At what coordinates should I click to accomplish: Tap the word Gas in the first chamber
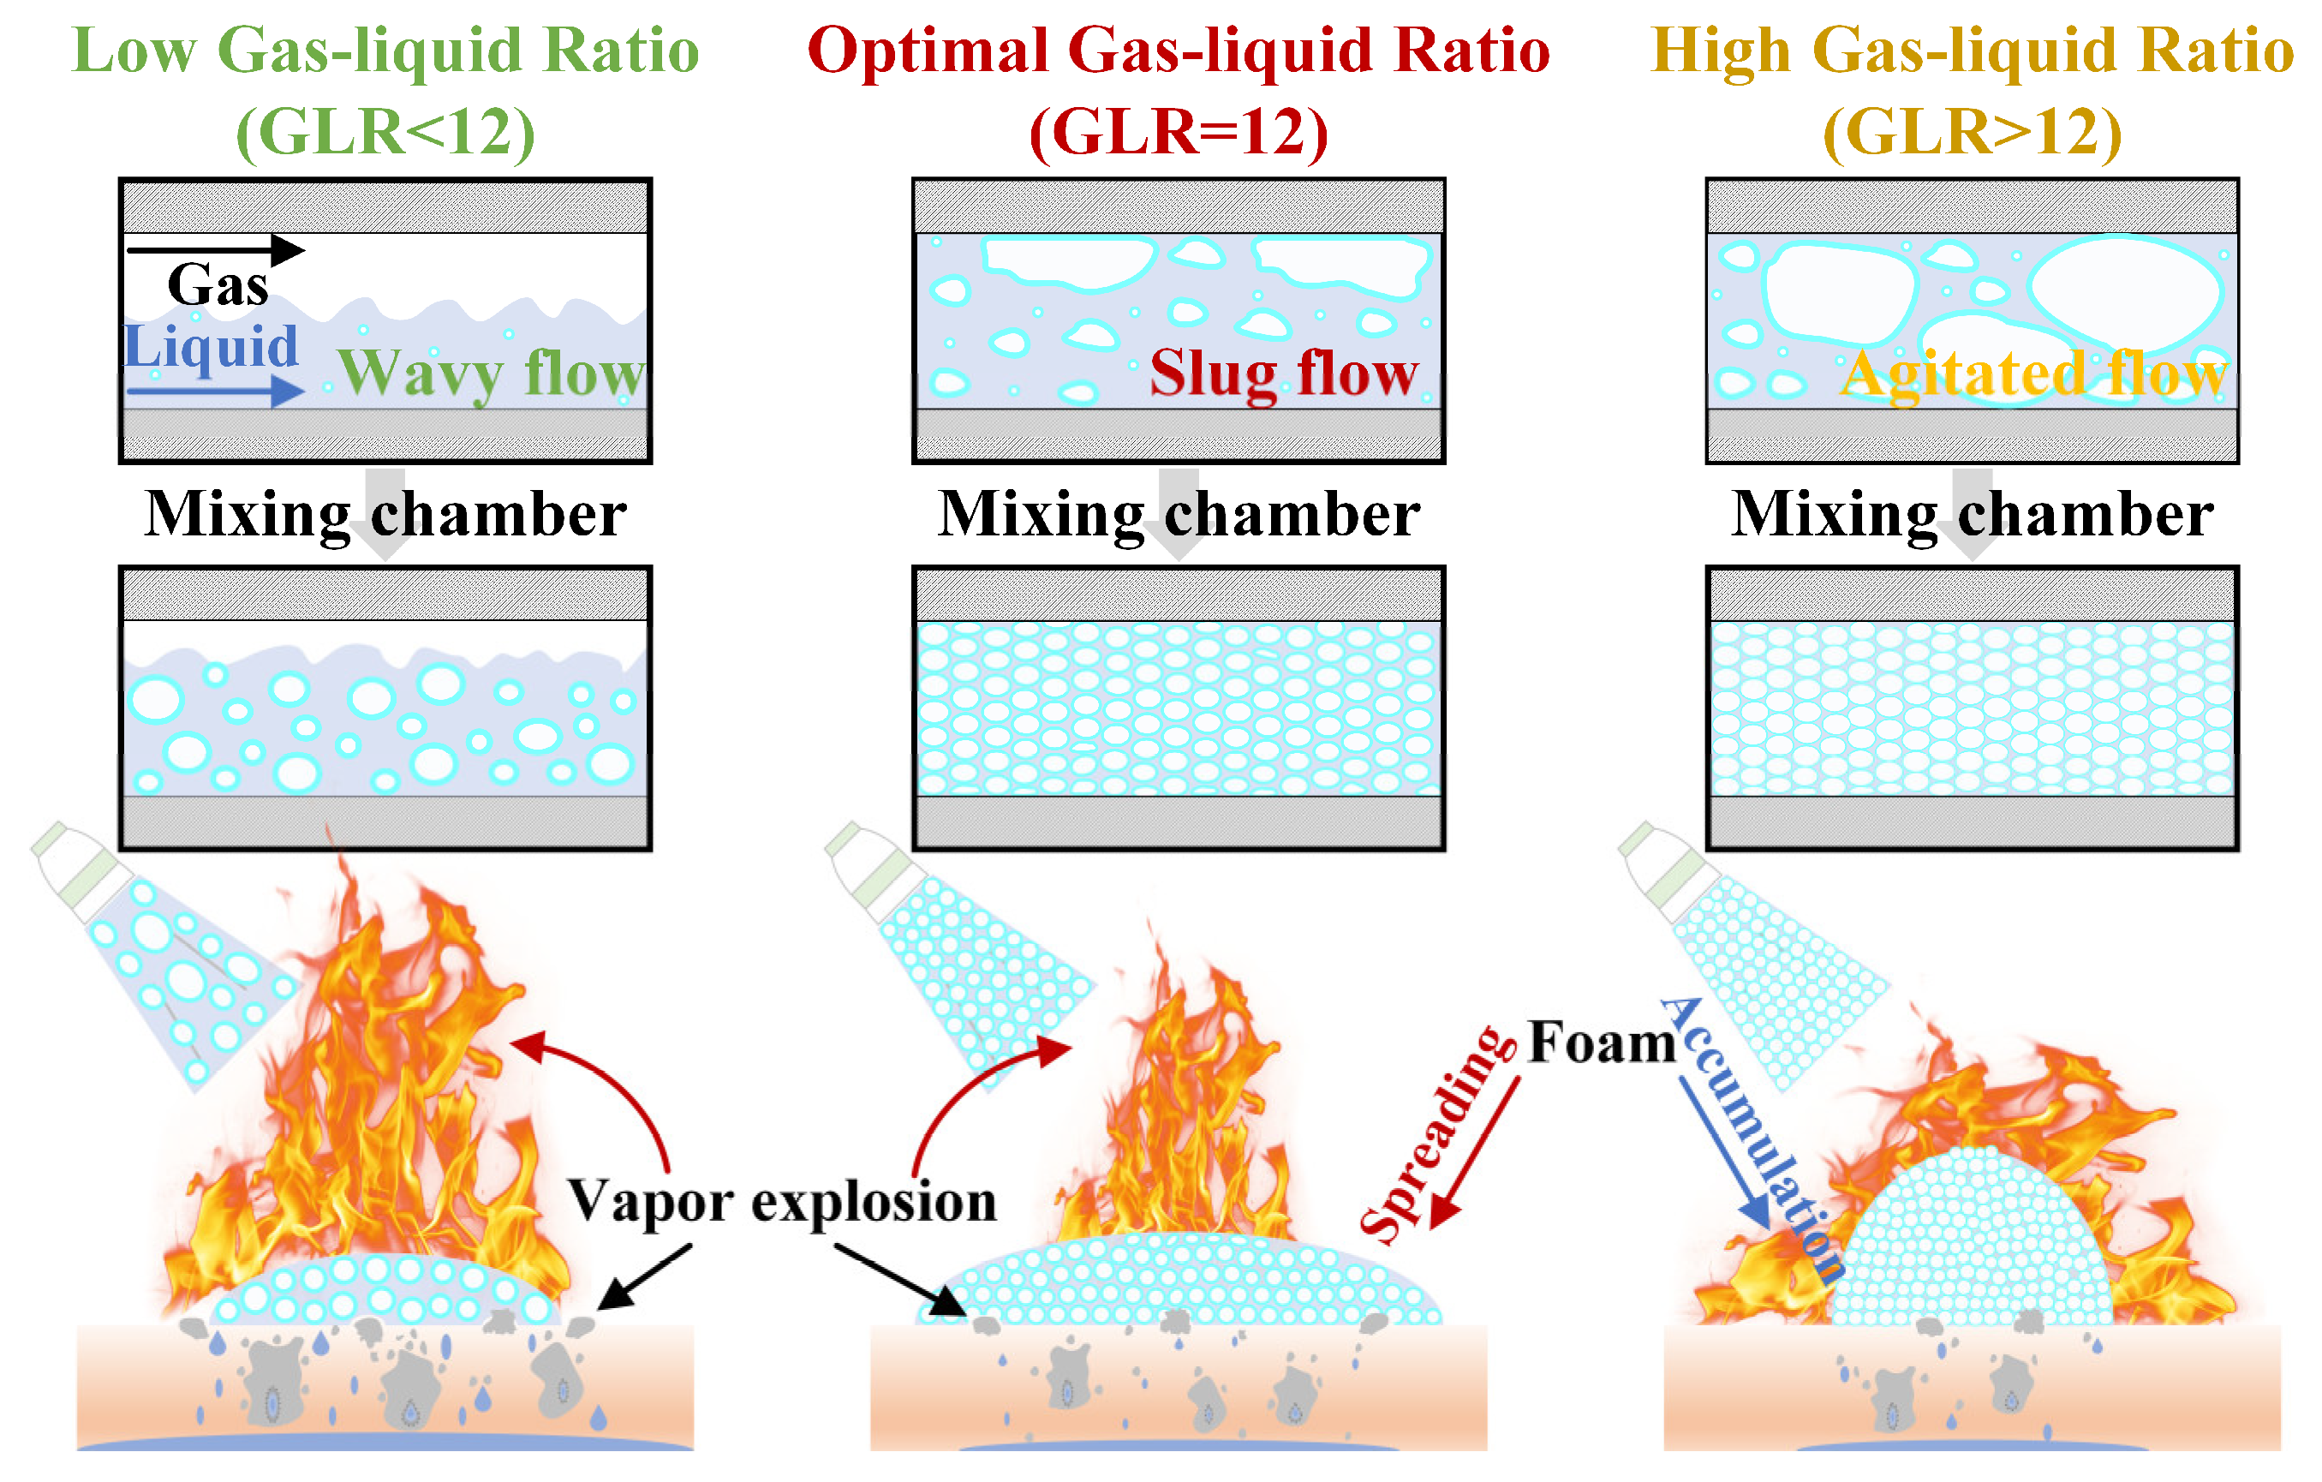pyautogui.click(x=218, y=285)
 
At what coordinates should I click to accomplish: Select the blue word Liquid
pyautogui.click(x=212, y=347)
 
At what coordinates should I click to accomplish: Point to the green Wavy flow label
pyautogui.click(x=490, y=374)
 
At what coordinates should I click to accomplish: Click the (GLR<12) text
pyautogui.click(x=385, y=132)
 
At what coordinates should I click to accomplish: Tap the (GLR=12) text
pyautogui.click(x=1178, y=132)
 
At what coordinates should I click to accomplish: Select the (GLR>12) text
pyautogui.click(x=1972, y=132)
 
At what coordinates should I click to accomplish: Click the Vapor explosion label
pyautogui.click(x=781, y=1201)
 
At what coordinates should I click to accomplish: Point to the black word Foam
pyautogui.click(x=1602, y=1043)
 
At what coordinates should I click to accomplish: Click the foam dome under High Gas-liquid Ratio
pyautogui.click(x=1972, y=1244)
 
